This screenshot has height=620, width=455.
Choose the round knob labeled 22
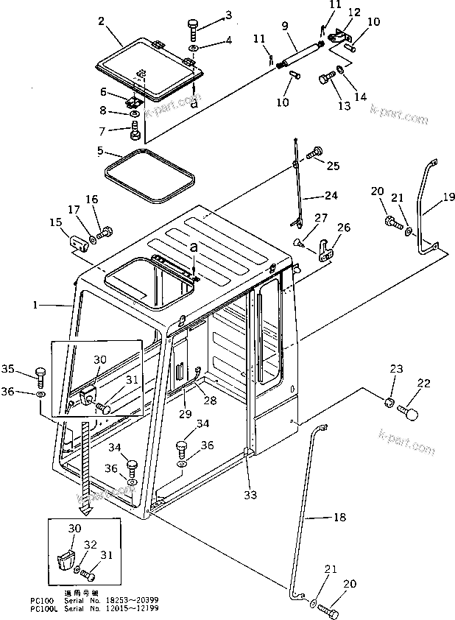(408, 413)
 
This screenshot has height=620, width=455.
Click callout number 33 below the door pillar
(251, 495)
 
